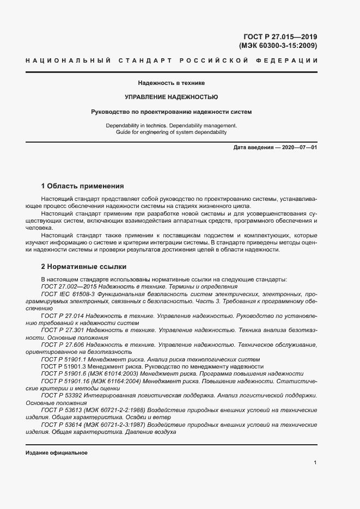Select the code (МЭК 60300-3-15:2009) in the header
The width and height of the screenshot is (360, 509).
278,46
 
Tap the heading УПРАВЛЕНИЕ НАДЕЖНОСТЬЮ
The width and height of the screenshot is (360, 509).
171,97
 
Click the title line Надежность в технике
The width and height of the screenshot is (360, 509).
171,83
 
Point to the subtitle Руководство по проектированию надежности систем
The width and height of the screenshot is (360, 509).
171,112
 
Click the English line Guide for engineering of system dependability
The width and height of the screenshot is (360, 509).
171,132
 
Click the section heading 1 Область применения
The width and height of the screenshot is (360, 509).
82,186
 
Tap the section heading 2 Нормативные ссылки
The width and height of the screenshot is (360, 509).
84,267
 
